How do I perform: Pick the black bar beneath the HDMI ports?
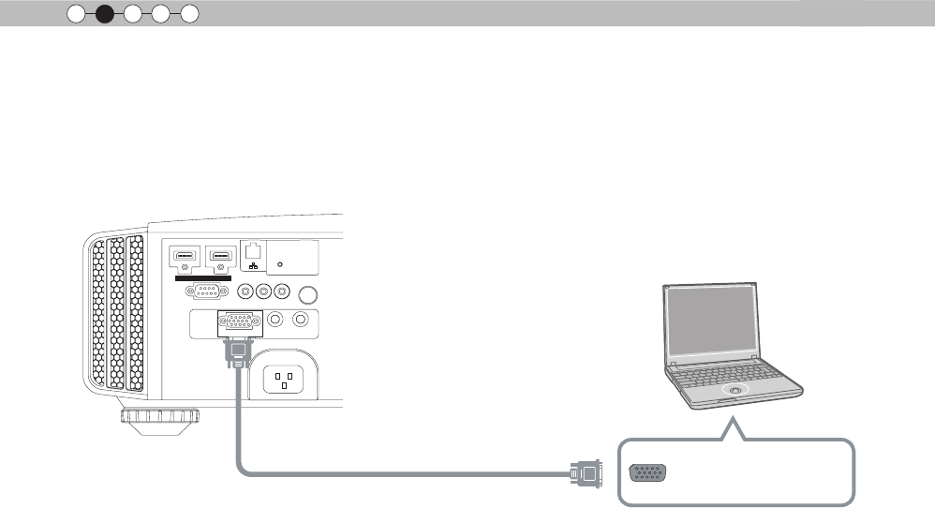(203, 277)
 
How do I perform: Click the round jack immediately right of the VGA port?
(275, 320)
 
